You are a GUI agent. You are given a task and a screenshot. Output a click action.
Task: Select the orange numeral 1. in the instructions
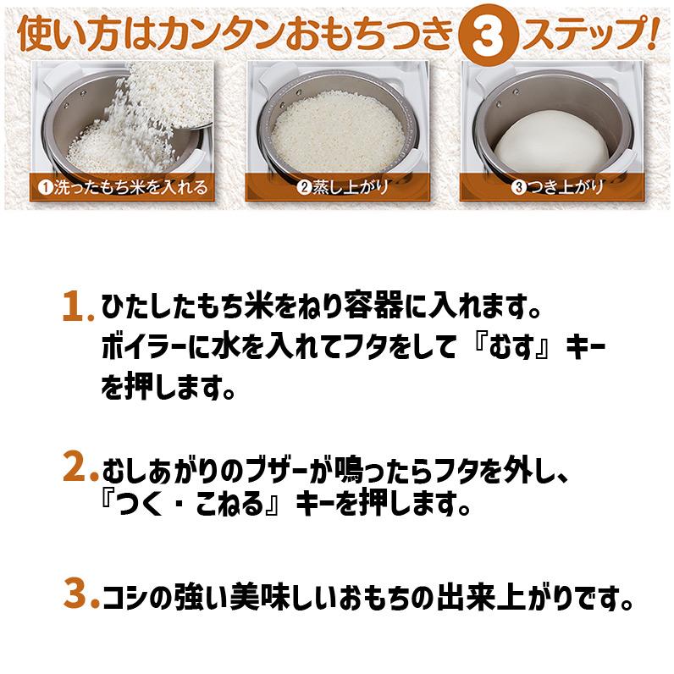coord(78,306)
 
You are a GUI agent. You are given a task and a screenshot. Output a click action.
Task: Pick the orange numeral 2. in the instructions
coord(79,467)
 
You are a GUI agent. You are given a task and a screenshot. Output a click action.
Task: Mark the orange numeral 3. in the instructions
coord(79,596)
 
